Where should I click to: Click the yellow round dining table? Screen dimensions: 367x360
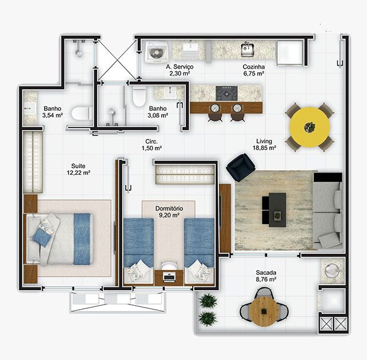pyautogui.click(x=309, y=127)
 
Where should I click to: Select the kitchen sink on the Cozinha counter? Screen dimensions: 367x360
pyautogui.click(x=248, y=50)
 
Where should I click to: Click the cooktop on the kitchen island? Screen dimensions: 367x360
pyautogui.click(x=226, y=93)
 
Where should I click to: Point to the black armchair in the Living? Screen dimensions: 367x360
pyautogui.click(x=241, y=167)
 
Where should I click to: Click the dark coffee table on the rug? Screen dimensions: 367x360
pyautogui.click(x=277, y=210)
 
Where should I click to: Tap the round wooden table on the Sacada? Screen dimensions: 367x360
pyautogui.click(x=264, y=311)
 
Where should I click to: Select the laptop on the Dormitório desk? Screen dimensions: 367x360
pyautogui.click(x=169, y=277)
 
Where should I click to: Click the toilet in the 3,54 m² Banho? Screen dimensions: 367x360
pyautogui.click(x=82, y=114)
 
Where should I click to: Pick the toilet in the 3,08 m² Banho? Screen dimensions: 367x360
pyautogui.click(x=139, y=97)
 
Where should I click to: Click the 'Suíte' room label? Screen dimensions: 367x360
pyautogui.click(x=78, y=166)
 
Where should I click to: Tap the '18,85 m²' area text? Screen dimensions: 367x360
pyautogui.click(x=264, y=148)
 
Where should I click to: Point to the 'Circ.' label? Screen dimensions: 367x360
pyautogui.click(x=151, y=141)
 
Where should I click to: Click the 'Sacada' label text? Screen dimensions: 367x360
pyautogui.click(x=266, y=273)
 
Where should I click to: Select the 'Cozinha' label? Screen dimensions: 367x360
pyautogui.click(x=254, y=67)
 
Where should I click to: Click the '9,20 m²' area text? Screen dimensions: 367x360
pyautogui.click(x=169, y=215)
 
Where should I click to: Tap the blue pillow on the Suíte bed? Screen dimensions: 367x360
pyautogui.click(x=42, y=237)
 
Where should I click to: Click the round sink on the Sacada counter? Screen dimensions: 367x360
pyautogui.click(x=332, y=271)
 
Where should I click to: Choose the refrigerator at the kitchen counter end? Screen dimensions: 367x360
pyautogui.click(x=290, y=53)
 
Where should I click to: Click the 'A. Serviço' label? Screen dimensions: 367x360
pyautogui.click(x=179, y=67)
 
